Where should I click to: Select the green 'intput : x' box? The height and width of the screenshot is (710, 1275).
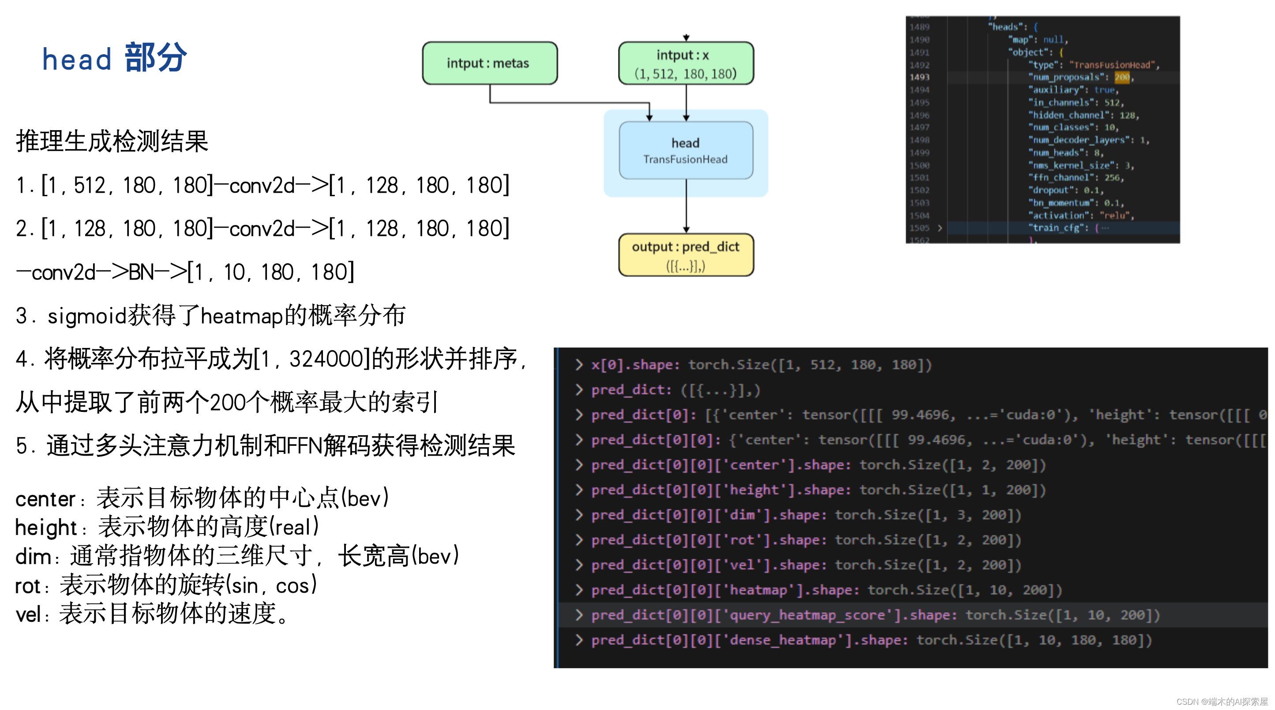click(x=686, y=64)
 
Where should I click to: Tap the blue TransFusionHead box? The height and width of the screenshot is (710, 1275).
click(x=686, y=150)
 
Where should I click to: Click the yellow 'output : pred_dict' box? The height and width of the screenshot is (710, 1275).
click(x=686, y=255)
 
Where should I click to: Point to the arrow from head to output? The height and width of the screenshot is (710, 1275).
click(x=686, y=206)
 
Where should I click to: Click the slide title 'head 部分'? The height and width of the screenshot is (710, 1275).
click(x=115, y=58)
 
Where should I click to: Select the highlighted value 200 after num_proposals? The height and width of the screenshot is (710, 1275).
click(x=1121, y=77)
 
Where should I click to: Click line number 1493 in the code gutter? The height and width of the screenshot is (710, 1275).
click(x=919, y=77)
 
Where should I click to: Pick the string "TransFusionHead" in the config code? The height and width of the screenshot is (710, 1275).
click(x=1112, y=65)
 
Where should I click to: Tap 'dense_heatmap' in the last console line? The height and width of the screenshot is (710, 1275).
click(x=783, y=640)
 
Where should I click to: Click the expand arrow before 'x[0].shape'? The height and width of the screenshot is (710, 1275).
click(x=578, y=365)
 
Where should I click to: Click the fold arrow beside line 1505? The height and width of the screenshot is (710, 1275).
click(x=939, y=228)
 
